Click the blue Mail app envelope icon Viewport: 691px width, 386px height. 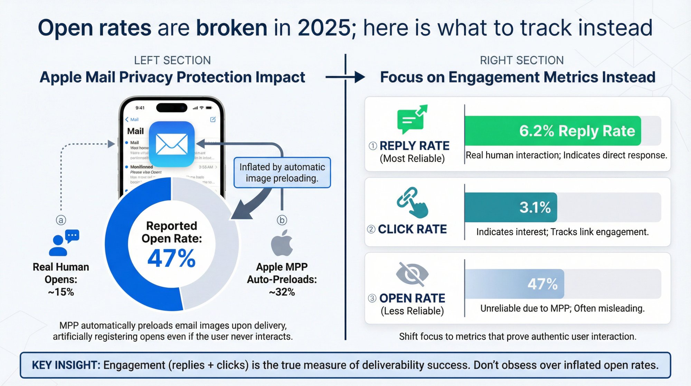pyautogui.click(x=172, y=144)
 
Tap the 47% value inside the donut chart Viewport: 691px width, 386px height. pyautogui.click(x=171, y=258)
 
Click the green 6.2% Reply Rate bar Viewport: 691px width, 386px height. pyautogui.click(x=553, y=131)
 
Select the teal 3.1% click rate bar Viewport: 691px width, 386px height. pyautogui.click(x=511, y=207)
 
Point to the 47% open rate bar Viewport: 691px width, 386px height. pyautogui.click(x=515, y=284)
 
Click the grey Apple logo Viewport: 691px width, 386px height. pyautogui.click(x=282, y=243)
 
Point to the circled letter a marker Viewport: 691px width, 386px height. pyautogui.click(x=61, y=220)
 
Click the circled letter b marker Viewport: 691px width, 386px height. pyautogui.click(x=282, y=220)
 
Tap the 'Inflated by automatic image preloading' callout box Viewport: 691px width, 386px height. pyautogui.click(x=282, y=173)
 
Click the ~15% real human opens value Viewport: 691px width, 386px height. pyautogui.click(x=61, y=292)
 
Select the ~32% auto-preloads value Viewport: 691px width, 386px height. pyautogui.click(x=282, y=292)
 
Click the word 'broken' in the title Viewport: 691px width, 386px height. pyautogui.click(x=231, y=28)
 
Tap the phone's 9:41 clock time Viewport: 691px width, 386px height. pyautogui.click(x=140, y=108)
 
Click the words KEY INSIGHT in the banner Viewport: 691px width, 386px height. pyautogui.click(x=66, y=365)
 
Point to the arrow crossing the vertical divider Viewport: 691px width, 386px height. pyautogui.click(x=345, y=77)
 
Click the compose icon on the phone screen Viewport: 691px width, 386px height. pyautogui.click(x=213, y=119)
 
